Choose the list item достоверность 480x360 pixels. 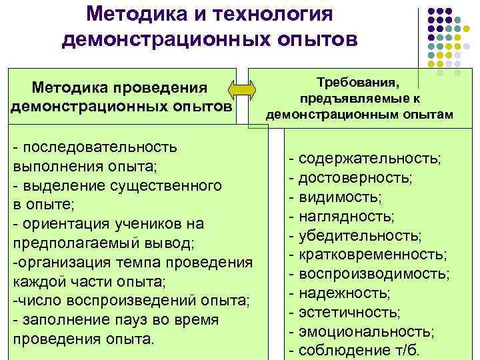coord(355,178)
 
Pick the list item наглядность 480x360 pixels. coord(347,217)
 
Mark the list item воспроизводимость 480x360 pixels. coord(374,274)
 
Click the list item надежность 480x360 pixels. coord(345,293)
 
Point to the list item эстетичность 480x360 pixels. coord(350,313)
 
